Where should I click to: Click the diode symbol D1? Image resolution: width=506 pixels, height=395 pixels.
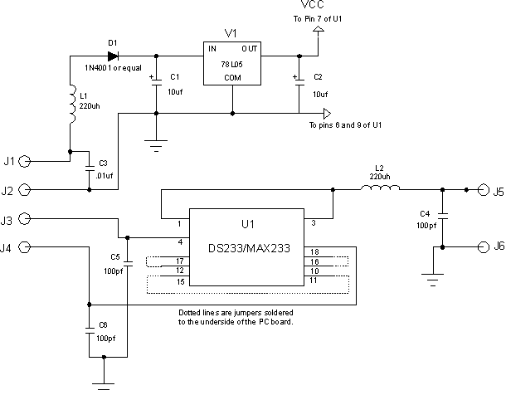pos(113,56)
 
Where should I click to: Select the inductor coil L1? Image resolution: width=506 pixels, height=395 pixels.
pos(73,104)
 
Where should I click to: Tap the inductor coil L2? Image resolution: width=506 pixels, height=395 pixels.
pos(380,188)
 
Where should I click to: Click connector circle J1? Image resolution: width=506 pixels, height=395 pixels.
pos(24,161)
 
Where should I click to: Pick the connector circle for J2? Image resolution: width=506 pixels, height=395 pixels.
pos(24,190)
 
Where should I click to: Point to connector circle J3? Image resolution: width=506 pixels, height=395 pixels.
pos(24,219)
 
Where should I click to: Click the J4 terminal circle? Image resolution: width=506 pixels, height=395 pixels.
pos(24,247)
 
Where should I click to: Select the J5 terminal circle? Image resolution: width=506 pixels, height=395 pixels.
pos(483,190)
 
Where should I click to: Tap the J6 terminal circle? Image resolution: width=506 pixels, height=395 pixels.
pos(483,247)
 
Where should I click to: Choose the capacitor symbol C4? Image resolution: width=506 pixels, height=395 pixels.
pos(442,215)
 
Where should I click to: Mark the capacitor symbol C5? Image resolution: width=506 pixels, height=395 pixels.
pos(128,263)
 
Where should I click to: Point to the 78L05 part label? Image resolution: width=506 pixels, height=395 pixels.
pos(231,64)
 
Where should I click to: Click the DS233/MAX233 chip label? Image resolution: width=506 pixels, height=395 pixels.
pos(249,248)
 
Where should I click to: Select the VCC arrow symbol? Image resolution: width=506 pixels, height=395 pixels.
pos(319,28)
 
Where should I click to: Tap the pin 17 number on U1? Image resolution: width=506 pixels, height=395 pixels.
pos(180,261)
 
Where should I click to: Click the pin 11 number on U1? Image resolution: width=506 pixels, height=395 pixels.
pos(313,280)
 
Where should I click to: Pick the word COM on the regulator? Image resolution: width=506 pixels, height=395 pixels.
pos(232,78)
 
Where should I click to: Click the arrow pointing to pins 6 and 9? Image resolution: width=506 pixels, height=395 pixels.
pos(327,114)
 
